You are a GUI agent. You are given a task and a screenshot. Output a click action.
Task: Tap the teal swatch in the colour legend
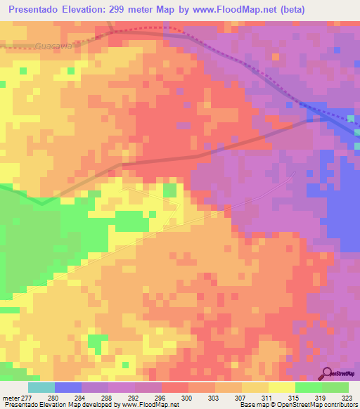[x=41, y=387]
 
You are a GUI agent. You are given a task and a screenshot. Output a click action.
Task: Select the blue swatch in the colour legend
[x=68, y=387]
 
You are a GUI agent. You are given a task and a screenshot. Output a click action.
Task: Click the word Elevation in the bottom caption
[x=49, y=405]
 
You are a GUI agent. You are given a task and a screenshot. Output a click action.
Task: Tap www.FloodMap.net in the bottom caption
[x=150, y=405]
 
